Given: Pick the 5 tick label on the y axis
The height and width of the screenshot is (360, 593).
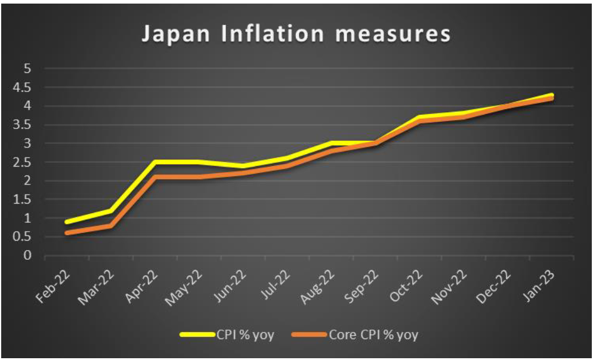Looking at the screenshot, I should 26,69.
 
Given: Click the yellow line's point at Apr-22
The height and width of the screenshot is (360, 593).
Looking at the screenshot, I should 155,162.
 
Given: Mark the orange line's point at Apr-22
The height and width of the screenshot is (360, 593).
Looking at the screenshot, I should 155,177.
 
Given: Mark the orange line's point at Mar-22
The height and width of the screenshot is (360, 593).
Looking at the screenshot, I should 110,226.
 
